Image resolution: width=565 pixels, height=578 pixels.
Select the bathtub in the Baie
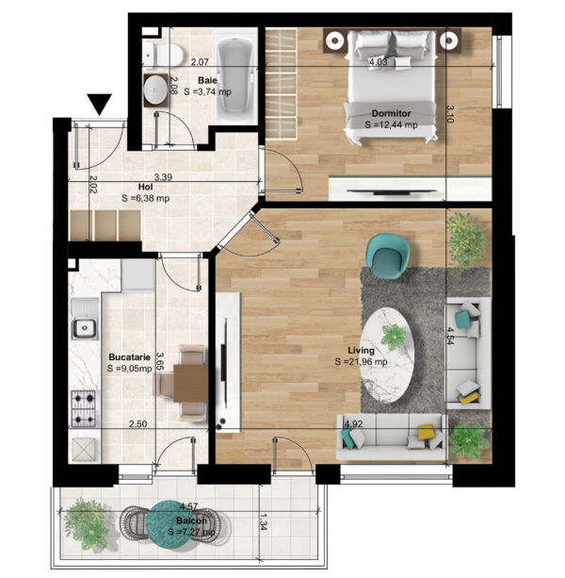[x=236, y=76]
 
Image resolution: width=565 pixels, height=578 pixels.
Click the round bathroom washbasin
[x=156, y=90]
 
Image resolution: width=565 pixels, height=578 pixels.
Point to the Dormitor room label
[x=391, y=113]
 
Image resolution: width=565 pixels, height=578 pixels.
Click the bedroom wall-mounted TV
[x=392, y=191]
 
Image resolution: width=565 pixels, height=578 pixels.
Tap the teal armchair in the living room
[x=387, y=256]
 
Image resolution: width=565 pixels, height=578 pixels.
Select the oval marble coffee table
[x=388, y=355]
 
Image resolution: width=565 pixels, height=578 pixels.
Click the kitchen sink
[x=85, y=327]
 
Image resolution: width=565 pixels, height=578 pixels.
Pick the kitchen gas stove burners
[x=84, y=408]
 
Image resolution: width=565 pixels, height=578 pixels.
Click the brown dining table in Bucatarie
[x=191, y=383]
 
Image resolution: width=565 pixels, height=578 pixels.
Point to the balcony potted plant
[x=86, y=523]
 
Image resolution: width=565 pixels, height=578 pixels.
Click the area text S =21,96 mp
[x=361, y=362]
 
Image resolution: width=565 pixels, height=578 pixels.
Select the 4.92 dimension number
[x=353, y=424]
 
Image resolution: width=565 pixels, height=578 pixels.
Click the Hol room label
[x=145, y=187]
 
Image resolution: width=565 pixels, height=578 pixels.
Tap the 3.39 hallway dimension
[x=163, y=177]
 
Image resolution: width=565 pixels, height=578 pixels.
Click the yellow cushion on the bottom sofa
[x=425, y=432]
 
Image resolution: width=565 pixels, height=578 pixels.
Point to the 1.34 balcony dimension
[x=264, y=522]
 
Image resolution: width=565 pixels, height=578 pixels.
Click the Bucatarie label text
[x=130, y=356]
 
